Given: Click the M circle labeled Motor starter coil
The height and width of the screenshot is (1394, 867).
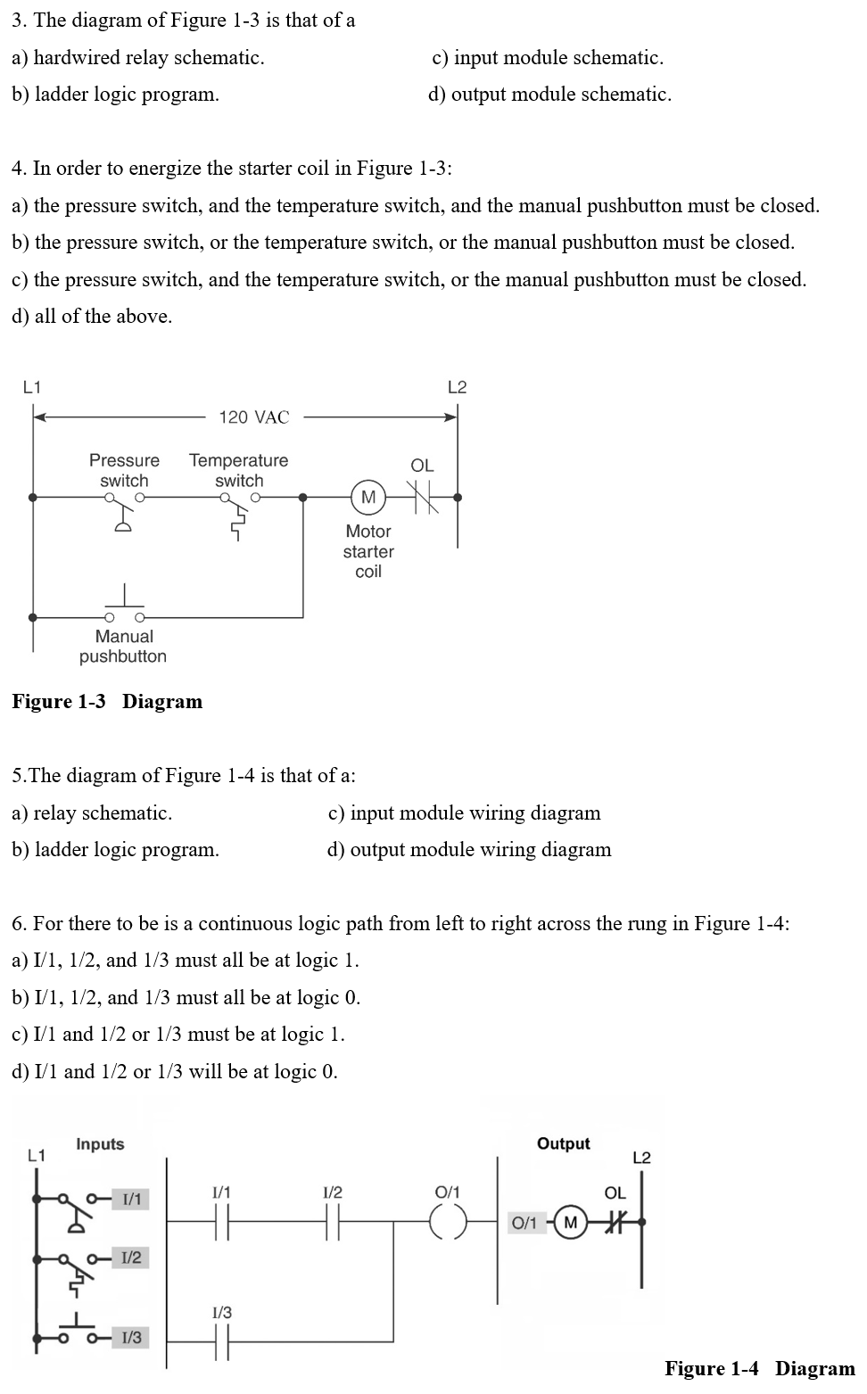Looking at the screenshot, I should [x=368, y=497].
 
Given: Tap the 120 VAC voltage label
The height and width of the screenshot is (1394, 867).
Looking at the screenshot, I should [x=254, y=417].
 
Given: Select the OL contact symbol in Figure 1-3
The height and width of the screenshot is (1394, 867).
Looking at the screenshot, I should [x=422, y=497].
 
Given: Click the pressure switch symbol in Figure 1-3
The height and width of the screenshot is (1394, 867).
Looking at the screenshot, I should [x=124, y=510].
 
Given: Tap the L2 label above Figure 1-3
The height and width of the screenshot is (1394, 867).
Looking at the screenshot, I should [x=457, y=387].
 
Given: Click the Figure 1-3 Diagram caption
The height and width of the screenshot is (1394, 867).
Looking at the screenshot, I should [x=107, y=701].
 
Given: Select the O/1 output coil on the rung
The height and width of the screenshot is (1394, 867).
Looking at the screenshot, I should [x=449, y=1222].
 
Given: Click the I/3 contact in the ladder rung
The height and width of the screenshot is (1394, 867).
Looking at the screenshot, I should [x=221, y=1340].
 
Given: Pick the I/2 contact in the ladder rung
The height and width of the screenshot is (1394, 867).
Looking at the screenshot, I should [x=332, y=1222].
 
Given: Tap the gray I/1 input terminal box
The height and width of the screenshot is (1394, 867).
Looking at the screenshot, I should [x=131, y=1199].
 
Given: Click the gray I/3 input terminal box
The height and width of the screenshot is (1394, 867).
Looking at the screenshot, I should [x=131, y=1337].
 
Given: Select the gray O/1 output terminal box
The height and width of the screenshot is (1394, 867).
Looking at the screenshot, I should [x=524, y=1222].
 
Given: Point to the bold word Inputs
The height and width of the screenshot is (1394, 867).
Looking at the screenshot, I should [x=100, y=1143].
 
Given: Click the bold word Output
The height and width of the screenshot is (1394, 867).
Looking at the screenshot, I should [x=563, y=1143].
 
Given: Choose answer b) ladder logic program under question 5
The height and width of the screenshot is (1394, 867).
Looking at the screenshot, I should [x=115, y=849].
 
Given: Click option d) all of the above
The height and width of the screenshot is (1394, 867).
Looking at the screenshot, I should [x=92, y=316].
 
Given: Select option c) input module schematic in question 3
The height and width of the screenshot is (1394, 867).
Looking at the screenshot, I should [x=548, y=57].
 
